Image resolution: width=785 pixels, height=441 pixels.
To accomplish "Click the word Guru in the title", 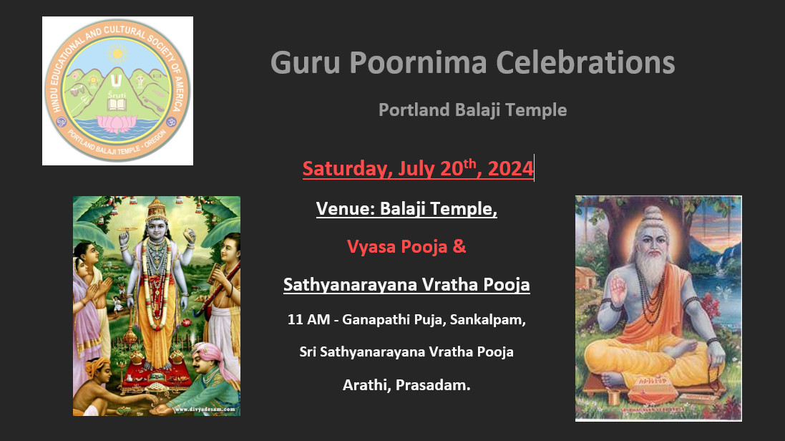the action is pyautogui.click(x=306, y=63).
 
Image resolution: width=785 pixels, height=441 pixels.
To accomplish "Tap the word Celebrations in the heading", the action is pyautogui.click(x=585, y=63).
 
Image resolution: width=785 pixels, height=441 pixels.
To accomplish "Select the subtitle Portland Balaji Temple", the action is pyautogui.click(x=472, y=110).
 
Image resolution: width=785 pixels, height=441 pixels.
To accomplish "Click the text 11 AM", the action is pyautogui.click(x=308, y=320).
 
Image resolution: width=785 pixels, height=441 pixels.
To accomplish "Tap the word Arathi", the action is pyautogui.click(x=366, y=385).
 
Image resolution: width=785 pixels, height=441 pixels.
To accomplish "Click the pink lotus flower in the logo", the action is pyautogui.click(x=117, y=123).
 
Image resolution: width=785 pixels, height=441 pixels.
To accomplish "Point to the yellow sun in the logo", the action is pyautogui.click(x=117, y=53).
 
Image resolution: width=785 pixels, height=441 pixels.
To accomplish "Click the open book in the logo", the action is pyautogui.click(x=117, y=105).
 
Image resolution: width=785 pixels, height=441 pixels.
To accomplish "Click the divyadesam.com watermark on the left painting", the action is pyautogui.click(x=205, y=409).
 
